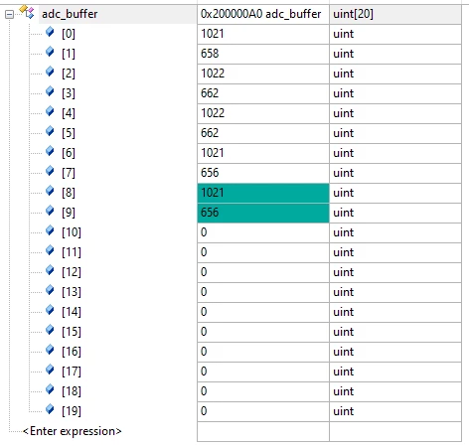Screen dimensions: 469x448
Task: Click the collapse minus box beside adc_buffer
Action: tap(10, 14)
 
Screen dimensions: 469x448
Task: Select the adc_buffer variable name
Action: tap(70, 14)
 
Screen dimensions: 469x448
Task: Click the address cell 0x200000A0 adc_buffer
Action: tap(260, 14)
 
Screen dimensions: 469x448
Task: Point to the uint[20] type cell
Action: tap(353, 14)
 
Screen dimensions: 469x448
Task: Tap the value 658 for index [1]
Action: tap(210, 54)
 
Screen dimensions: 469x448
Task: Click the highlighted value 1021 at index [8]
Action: tap(213, 193)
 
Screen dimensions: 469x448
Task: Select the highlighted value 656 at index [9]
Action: tap(210, 213)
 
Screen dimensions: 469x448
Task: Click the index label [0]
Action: tap(69, 34)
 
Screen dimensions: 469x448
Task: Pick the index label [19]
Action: tap(72, 411)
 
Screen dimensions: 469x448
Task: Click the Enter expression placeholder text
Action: tap(73, 431)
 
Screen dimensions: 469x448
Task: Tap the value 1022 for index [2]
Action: tap(213, 74)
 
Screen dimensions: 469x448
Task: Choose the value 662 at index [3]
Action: tap(210, 93)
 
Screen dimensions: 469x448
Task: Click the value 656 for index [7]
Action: tap(210, 173)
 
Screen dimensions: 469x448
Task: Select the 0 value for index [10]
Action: tap(204, 232)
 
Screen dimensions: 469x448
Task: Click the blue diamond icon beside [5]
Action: tap(50, 131)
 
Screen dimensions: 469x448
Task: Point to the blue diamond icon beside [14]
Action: tap(50, 310)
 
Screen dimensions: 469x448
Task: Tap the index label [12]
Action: tap(72, 272)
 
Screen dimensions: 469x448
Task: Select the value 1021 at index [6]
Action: tap(213, 153)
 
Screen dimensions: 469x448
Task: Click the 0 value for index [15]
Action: tap(204, 332)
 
